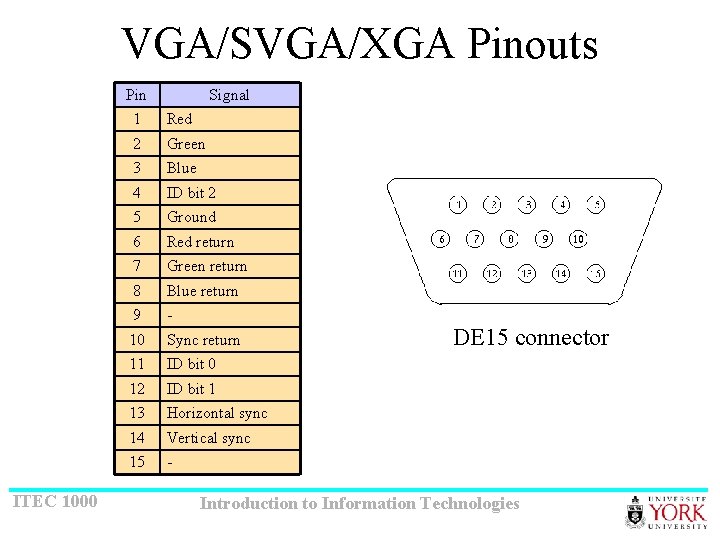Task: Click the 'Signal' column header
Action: pos(229,95)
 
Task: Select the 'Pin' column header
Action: pos(136,95)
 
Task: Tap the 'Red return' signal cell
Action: pos(201,242)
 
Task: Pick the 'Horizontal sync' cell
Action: pos(217,413)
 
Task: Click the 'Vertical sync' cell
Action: pos(209,438)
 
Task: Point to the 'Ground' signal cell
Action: pos(191,217)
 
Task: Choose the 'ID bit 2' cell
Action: pos(191,193)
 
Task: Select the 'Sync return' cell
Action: pos(203,340)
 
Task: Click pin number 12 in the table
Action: pos(137,389)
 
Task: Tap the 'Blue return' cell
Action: pos(203,291)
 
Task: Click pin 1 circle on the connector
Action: pos(457,205)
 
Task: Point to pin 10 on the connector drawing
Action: pos(578,239)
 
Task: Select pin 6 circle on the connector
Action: pos(440,239)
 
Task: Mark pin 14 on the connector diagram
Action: pos(561,273)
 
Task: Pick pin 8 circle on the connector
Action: pos(510,239)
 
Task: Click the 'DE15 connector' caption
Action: pos(531,338)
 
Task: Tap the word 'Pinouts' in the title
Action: pos(531,44)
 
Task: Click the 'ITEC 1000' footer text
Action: pos(55,500)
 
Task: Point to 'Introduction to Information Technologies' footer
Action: pos(360,504)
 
